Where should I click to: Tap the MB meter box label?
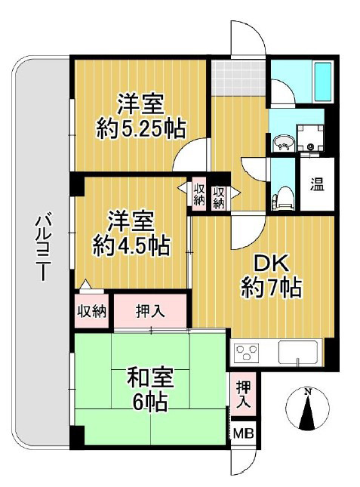pyautogui.click(x=242, y=434)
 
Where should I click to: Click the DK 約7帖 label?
pyautogui.click(x=272, y=276)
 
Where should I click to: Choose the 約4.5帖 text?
pyautogui.click(x=133, y=245)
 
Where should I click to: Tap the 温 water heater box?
pyautogui.click(x=318, y=183)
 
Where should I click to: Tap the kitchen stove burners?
pyautogui.click(x=247, y=352)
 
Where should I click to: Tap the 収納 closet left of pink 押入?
pyautogui.click(x=91, y=310)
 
